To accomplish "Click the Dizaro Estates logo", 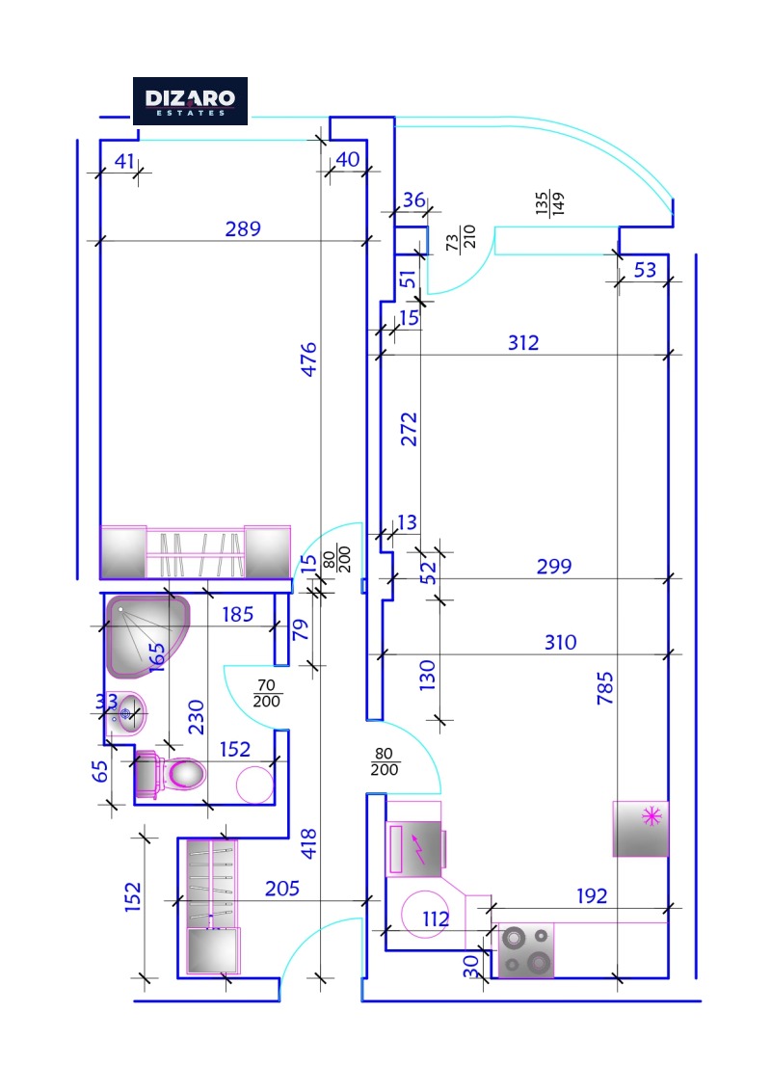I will tap(190, 100).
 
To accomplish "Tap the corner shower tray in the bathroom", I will tap(145, 632).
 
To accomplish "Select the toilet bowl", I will tap(183, 773).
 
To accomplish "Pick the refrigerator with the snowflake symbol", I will tap(641, 828).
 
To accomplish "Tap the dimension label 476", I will tap(308, 359).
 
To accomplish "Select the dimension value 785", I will tap(605, 688).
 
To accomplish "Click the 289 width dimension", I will tap(243, 229).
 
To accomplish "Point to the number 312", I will tap(523, 342).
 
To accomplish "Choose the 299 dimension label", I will tap(553, 567).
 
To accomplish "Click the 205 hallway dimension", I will tap(282, 889).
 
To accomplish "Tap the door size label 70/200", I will tap(267, 694).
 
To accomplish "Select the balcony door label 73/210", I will tap(462, 236).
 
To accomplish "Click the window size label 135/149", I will tap(550, 202).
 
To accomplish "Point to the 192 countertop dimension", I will tap(592, 896).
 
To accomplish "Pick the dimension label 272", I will tap(409, 428).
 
